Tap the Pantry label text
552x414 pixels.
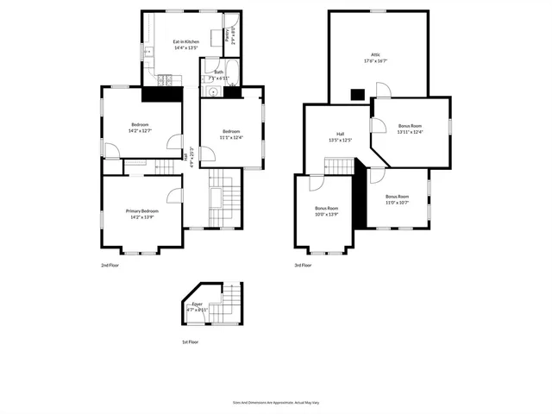click(x=227, y=35)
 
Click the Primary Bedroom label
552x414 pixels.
click(x=142, y=210)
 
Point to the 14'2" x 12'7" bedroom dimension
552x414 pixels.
click(x=141, y=130)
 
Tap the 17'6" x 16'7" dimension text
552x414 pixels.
click(x=375, y=60)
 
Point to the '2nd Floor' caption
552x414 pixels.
click(x=110, y=267)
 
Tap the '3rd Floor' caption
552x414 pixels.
click(x=304, y=267)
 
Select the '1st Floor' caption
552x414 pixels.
click(x=190, y=342)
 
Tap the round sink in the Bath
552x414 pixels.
click(x=211, y=91)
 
